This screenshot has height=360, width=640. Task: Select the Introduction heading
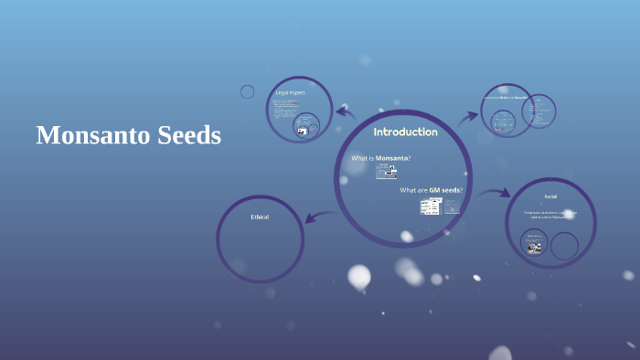(x=405, y=132)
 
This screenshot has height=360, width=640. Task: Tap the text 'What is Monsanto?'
(x=381, y=158)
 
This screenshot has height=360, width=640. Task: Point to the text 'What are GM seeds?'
(x=431, y=190)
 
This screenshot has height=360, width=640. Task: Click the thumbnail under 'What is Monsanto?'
(x=386, y=171)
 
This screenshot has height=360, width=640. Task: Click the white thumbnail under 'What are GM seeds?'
(x=431, y=206)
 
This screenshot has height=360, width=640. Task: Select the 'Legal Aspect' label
(x=290, y=93)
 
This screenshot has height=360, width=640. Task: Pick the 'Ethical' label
(x=260, y=217)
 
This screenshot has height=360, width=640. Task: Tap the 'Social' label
(x=550, y=196)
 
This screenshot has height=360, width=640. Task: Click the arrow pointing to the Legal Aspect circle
(x=345, y=112)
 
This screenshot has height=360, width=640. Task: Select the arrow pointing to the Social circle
(x=495, y=193)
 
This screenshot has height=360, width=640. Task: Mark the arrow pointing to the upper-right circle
(x=468, y=116)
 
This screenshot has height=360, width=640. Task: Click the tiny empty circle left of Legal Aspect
(x=247, y=91)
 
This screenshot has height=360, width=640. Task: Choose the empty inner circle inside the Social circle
(x=564, y=245)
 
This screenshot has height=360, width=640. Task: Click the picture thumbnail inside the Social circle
(x=534, y=244)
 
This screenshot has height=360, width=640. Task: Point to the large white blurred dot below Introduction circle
(x=359, y=275)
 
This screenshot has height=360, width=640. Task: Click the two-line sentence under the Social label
(x=550, y=216)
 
